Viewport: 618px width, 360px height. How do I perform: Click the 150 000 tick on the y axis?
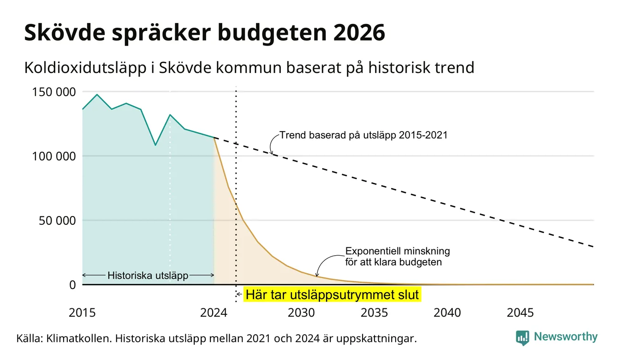[x=54, y=92]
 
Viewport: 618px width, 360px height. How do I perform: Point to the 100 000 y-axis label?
[x=54, y=156]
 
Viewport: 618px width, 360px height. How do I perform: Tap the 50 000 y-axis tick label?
[x=57, y=221]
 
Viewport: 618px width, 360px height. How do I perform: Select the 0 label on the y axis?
[x=72, y=285]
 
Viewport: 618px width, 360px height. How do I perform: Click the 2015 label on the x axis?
[x=82, y=313]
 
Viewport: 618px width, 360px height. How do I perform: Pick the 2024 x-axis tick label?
[x=214, y=313]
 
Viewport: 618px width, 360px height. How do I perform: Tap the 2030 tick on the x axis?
[x=301, y=313]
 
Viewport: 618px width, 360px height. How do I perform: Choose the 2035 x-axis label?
[x=374, y=313]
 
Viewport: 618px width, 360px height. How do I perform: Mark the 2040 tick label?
[x=447, y=313]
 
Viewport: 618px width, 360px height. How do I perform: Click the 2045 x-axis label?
[x=520, y=313]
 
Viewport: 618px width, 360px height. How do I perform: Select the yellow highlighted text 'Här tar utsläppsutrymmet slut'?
[x=332, y=294]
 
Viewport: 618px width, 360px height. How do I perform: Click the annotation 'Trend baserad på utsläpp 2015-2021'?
[x=363, y=135]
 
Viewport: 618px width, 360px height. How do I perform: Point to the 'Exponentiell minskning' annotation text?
[x=398, y=251]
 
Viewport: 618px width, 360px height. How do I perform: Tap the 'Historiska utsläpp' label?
[x=148, y=276]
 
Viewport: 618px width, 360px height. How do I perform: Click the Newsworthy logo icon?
[x=523, y=338]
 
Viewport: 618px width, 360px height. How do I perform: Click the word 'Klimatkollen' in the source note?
[x=79, y=338]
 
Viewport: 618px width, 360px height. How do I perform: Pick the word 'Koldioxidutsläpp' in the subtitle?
[x=85, y=68]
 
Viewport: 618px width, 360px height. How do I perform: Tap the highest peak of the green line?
[x=97, y=95]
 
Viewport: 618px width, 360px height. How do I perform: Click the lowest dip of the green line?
[x=155, y=145]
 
